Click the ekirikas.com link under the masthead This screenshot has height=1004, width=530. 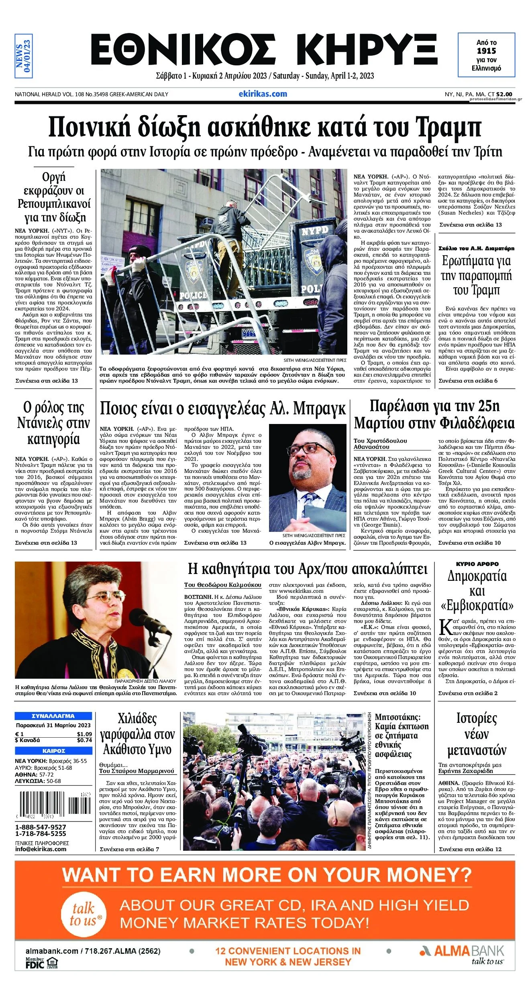tap(263, 94)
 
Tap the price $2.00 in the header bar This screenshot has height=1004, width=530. tap(504, 94)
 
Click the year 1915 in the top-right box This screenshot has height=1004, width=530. tap(486, 51)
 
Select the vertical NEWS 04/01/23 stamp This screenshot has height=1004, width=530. tap(23, 55)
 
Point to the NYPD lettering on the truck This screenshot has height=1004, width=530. tap(315, 231)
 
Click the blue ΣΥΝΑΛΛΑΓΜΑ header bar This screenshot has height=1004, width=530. tap(53, 716)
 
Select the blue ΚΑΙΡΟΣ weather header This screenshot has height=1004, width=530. tap(53, 751)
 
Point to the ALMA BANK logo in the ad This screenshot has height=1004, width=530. tap(462, 951)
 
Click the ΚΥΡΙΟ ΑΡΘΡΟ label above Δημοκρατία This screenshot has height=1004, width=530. tap(477, 564)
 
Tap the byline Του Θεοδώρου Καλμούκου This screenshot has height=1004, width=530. tap(222, 585)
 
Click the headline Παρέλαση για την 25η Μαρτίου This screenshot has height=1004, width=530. tap(434, 415)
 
